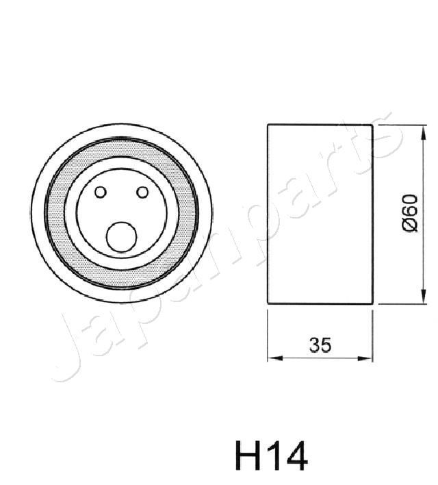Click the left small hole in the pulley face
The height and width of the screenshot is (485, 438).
tap(101, 192)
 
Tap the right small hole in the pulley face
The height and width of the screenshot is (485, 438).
tap(142, 192)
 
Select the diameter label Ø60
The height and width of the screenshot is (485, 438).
tap(409, 213)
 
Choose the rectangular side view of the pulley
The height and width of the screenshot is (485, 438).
tap(320, 214)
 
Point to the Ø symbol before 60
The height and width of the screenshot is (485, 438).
tap(409, 226)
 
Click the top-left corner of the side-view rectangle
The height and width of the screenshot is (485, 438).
tap(268, 125)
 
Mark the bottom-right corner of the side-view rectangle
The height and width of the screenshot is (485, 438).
tap(372, 303)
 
